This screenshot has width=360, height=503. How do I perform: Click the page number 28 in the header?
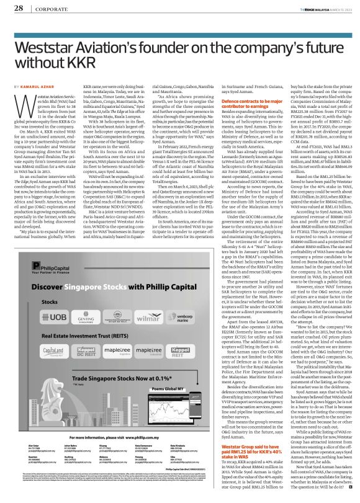pyautogui.click(x=19, y=9)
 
